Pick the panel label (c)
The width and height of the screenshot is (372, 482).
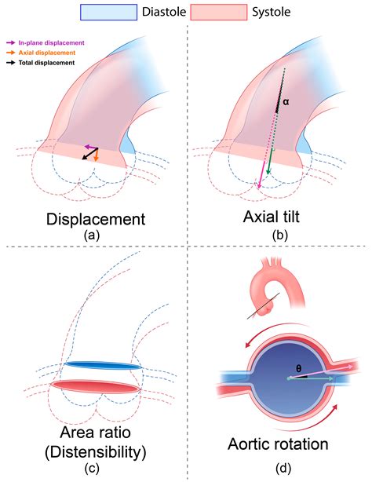pyautogui.click(x=93, y=468)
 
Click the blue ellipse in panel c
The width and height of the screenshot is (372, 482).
pyautogui.click(x=103, y=366)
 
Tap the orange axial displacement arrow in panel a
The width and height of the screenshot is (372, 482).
pyautogui.click(x=96, y=155)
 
